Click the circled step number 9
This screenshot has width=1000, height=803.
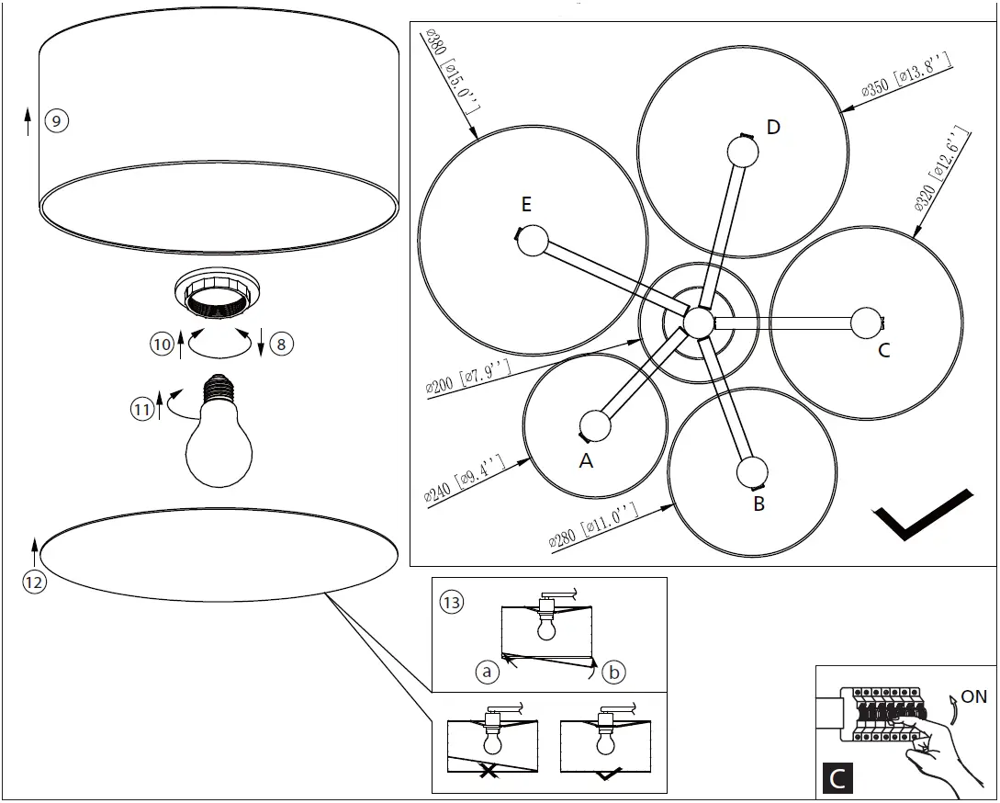coord(57,120)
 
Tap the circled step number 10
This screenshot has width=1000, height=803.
coord(162,345)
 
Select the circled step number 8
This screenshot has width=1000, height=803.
coord(281,345)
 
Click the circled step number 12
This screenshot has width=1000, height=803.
coord(34,580)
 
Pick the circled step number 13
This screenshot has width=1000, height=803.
coord(452,603)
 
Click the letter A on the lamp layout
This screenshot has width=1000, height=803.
coord(586,461)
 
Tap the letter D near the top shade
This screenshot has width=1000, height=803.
coord(773,127)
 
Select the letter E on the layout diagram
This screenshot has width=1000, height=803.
coord(526,204)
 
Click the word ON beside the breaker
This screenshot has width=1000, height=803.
coord(973,696)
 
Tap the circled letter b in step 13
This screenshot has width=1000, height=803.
coord(613,673)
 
